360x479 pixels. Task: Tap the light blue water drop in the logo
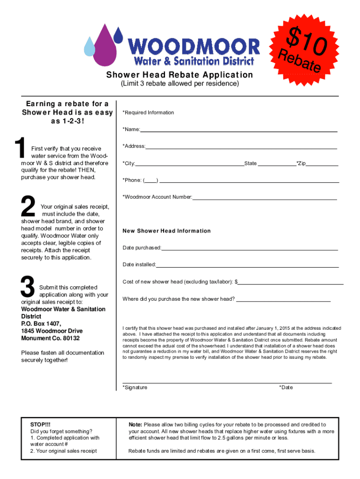click(x=89, y=47)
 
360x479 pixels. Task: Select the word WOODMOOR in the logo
click(x=194, y=46)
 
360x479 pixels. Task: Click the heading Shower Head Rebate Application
click(x=180, y=75)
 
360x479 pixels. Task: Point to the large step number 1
click(x=19, y=149)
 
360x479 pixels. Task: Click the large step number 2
click(x=28, y=207)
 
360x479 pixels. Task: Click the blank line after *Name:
click(x=238, y=131)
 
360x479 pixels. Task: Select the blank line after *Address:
click(x=241, y=148)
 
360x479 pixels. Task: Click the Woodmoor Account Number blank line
click(x=264, y=198)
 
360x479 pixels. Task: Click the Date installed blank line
click(x=247, y=266)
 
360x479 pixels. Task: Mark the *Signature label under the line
click(x=135, y=387)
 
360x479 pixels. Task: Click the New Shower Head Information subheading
click(x=166, y=231)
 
